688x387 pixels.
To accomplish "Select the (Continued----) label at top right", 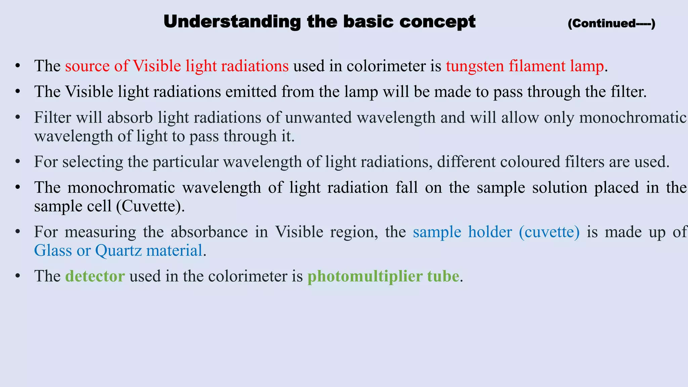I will [611, 24].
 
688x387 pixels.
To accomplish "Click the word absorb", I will [130, 118].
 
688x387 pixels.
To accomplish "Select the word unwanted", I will [319, 118].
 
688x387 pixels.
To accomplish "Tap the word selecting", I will [93, 162].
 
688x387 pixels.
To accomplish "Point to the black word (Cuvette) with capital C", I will [150, 206].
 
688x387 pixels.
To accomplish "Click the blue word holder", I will [490, 232].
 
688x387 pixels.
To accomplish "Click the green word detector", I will [95, 276].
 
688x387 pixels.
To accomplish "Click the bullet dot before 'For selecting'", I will [18, 162].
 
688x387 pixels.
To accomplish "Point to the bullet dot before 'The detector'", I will [18, 276].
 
